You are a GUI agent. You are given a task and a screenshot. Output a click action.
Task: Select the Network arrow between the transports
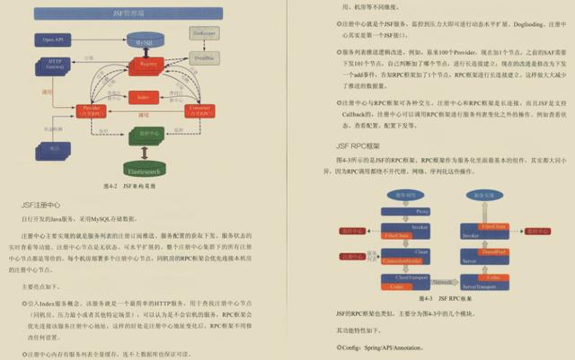(444, 281)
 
